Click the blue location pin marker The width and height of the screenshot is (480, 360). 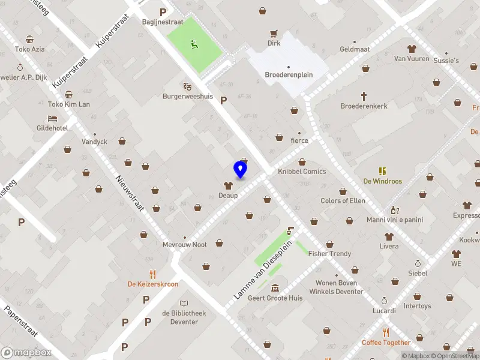[240, 169]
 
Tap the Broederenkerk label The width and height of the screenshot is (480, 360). [364, 106]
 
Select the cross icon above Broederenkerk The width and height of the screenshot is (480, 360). [364, 95]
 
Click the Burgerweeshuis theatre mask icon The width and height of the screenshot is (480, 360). [187, 86]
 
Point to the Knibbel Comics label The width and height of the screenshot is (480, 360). [302, 172]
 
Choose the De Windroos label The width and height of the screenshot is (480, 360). [382, 181]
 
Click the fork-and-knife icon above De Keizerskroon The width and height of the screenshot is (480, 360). [152, 274]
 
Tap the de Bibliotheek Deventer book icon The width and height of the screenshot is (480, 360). [184, 302]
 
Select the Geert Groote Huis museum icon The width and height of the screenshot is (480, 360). [275, 287]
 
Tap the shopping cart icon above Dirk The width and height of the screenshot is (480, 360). [274, 34]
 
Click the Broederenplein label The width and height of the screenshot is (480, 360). [289, 75]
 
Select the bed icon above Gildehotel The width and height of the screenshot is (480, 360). [52, 118]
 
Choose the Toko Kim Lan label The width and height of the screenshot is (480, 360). [68, 104]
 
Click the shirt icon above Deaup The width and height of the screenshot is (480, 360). [228, 186]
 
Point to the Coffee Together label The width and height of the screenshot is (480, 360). [386, 343]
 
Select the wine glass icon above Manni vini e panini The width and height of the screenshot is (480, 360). [394, 210]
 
